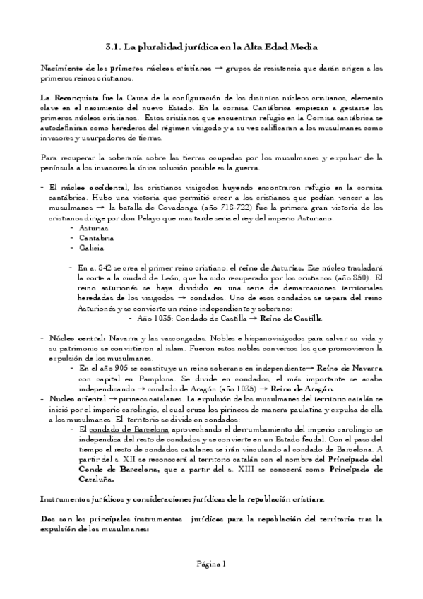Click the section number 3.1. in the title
point(113,47)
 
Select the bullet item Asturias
point(93,230)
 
